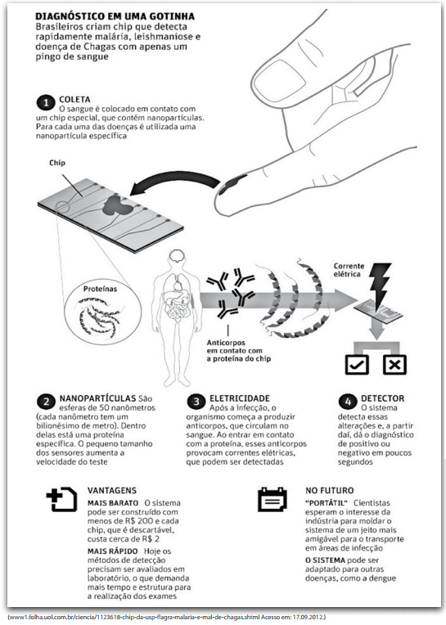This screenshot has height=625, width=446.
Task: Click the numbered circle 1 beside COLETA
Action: click(x=46, y=102)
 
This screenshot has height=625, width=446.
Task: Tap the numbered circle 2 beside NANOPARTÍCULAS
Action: click(x=46, y=402)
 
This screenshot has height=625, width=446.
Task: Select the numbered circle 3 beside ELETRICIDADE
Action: click(x=196, y=402)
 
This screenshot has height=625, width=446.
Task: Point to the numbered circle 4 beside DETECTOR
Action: click(x=348, y=402)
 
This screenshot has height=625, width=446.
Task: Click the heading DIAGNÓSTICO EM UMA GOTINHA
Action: click(x=115, y=16)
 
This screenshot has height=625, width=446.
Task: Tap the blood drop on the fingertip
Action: click(x=232, y=185)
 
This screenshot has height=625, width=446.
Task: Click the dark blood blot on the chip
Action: click(x=116, y=206)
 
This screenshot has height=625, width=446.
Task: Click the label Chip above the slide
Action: click(x=57, y=163)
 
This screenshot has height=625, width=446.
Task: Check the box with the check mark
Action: click(x=357, y=364)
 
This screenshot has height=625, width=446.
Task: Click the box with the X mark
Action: click(x=394, y=364)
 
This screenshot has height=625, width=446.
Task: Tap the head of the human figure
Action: click(x=175, y=259)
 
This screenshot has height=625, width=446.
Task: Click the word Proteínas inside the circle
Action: click(x=100, y=289)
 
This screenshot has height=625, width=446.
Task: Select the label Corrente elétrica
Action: click(x=349, y=270)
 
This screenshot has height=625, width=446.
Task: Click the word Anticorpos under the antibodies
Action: click(x=226, y=343)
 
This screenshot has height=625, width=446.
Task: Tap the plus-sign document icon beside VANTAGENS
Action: click(x=61, y=499)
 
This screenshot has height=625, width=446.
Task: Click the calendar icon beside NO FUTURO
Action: click(x=273, y=499)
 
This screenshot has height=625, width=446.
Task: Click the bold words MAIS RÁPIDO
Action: click(x=113, y=551)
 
